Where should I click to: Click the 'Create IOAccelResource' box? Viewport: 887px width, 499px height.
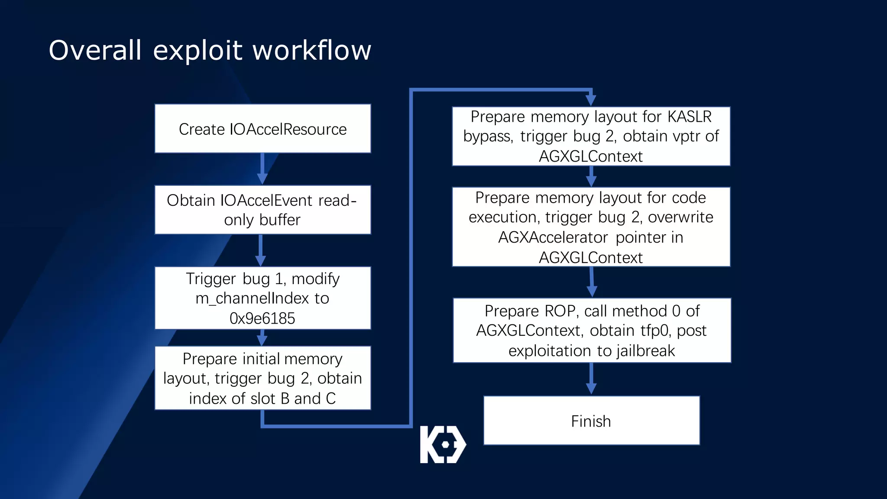click(x=262, y=129)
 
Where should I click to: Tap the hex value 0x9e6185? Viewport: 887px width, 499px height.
click(x=262, y=318)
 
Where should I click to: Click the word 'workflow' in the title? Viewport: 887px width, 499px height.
click(x=312, y=50)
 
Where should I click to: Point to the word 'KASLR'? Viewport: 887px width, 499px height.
click(x=690, y=117)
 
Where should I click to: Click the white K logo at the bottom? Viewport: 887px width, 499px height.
click(x=443, y=444)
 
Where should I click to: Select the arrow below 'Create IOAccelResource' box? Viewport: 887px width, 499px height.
click(x=262, y=169)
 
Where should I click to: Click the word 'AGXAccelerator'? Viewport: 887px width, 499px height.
click(x=553, y=237)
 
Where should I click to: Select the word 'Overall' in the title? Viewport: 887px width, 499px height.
click(x=95, y=50)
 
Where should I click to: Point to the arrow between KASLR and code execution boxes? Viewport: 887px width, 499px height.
click(x=591, y=177)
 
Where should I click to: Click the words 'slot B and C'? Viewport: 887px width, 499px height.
click(x=292, y=399)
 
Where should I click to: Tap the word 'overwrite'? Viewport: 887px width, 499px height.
click(x=680, y=217)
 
